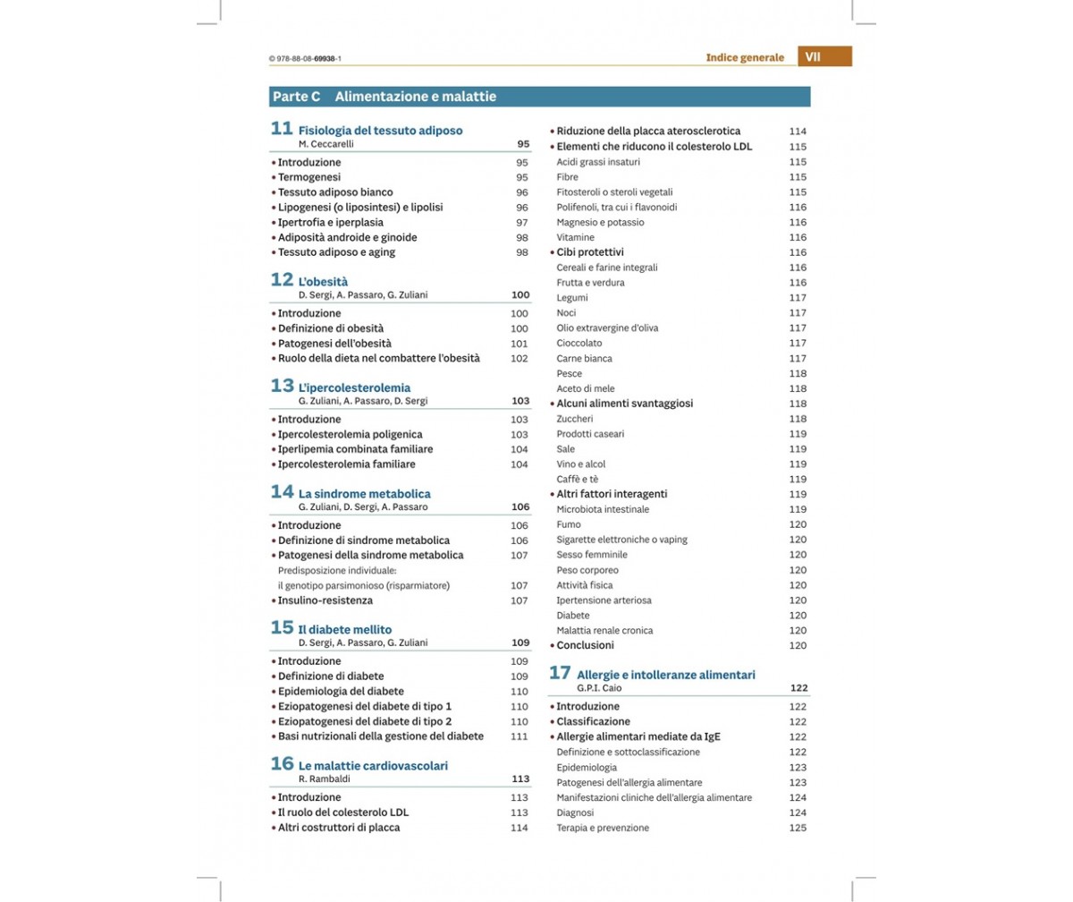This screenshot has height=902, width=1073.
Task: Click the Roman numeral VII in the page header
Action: tap(813, 56)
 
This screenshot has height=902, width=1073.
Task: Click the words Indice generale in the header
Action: tap(744, 57)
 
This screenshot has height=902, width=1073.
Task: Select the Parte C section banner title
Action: tap(384, 97)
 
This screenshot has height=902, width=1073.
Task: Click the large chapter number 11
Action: tap(282, 128)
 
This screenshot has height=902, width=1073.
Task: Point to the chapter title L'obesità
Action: tap(323, 281)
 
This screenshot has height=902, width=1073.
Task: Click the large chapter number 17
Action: tap(560, 672)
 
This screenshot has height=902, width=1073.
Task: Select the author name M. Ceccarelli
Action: tap(325, 143)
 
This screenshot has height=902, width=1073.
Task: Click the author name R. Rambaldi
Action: tap(324, 779)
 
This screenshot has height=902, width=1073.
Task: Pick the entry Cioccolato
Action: tap(579, 343)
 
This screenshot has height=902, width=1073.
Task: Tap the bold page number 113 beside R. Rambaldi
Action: tap(520, 779)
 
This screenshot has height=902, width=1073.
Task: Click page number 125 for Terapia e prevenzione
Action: tap(798, 828)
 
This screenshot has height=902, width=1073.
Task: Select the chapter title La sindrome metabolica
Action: tap(364, 493)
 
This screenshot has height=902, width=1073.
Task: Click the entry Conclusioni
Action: tap(585, 645)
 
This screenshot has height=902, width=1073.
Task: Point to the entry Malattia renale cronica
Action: tap(604, 630)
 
